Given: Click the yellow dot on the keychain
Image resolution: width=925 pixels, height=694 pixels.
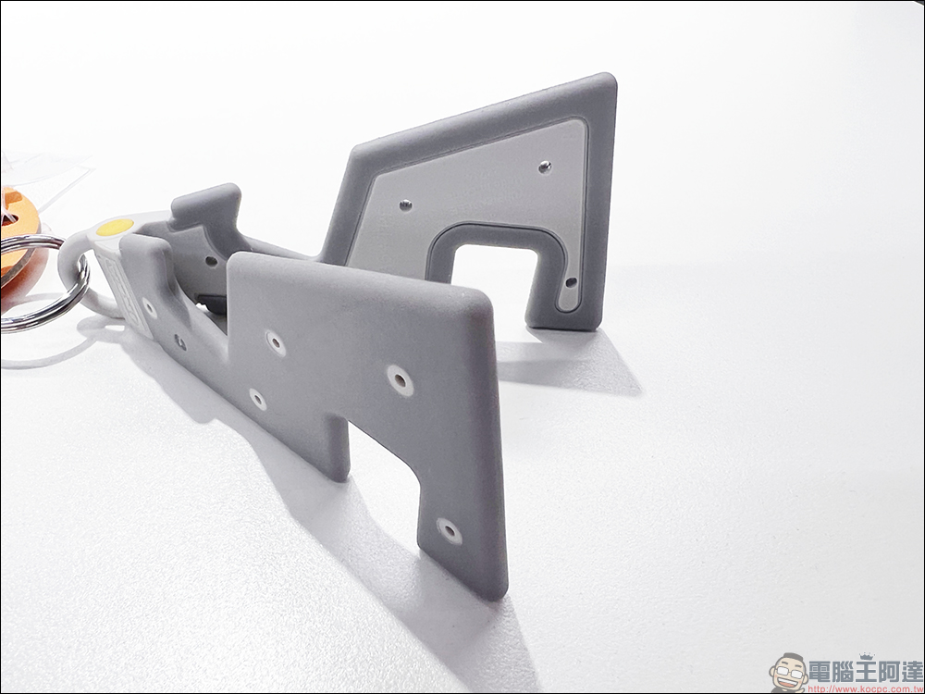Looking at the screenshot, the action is click(x=115, y=227).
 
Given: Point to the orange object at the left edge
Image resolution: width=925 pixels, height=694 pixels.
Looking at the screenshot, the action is click(x=18, y=236).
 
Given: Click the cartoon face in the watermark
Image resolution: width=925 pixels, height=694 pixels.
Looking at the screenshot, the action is click(x=789, y=673).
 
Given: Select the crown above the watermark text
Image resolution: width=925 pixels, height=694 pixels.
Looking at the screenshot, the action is click(x=867, y=656).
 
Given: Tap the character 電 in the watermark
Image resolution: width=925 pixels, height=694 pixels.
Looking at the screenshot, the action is click(x=822, y=672).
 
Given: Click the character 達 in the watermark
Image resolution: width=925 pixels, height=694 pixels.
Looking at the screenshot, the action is click(x=908, y=672).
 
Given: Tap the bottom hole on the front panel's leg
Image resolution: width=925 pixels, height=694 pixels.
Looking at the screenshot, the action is click(x=450, y=530).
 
